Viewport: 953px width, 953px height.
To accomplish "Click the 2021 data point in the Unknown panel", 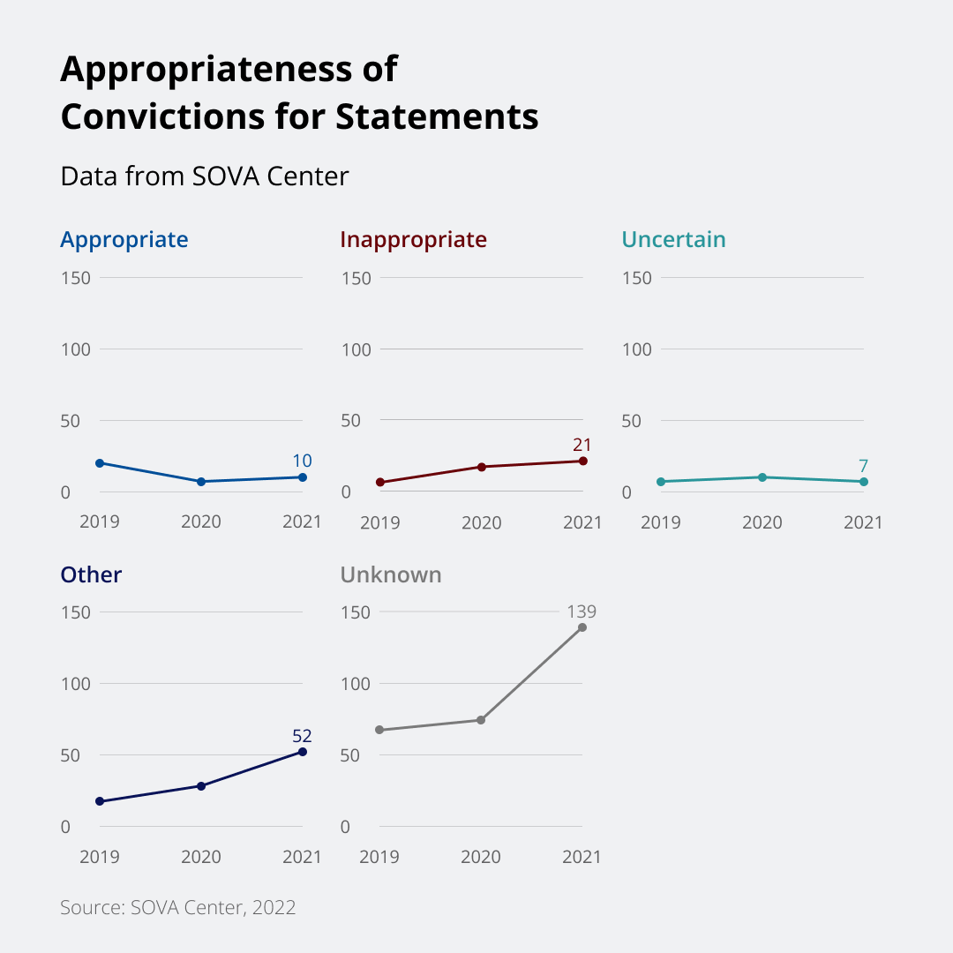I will [582, 627].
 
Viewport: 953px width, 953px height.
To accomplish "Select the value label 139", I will [582, 611].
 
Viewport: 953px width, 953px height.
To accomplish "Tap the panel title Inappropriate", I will [413, 239].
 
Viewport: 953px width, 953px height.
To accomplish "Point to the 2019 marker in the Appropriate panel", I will [100, 463].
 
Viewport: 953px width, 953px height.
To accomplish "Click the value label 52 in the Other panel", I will [302, 736].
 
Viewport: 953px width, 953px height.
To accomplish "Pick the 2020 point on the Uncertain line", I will [762, 477].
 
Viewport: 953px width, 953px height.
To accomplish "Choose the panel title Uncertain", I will [673, 239].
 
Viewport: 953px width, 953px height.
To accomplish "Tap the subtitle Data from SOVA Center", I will [205, 176].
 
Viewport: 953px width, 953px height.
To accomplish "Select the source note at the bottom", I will [177, 907].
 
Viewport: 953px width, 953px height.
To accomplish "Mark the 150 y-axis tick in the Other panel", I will [77, 612].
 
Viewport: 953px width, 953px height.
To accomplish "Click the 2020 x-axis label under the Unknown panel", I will [482, 857].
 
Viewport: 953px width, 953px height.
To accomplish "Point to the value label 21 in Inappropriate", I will [582, 445].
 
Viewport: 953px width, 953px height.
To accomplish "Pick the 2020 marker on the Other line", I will [201, 785].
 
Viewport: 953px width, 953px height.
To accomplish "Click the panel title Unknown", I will [391, 574].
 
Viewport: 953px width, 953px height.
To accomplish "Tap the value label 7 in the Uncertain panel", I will [863, 465].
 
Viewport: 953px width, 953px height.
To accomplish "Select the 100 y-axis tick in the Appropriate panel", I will [77, 349].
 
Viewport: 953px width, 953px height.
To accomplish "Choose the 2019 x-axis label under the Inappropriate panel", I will [380, 522].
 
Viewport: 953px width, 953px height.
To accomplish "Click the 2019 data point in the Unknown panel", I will [380, 730].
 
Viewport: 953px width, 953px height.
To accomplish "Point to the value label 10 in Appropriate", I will [302, 461].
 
